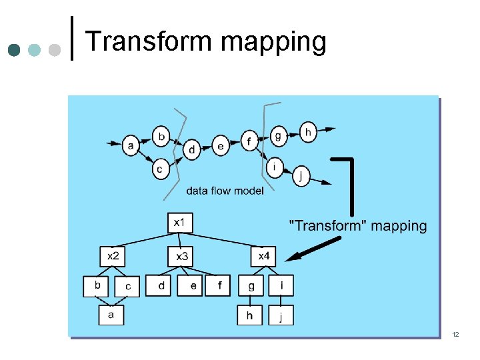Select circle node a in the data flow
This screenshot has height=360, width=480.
coord(131,145)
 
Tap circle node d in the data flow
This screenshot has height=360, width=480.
coord(192,149)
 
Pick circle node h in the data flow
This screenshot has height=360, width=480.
coord(308,132)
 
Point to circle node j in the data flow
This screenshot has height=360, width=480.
coord(301,176)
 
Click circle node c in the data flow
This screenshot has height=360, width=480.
coord(159,170)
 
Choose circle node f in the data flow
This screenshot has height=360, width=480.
coord(249,141)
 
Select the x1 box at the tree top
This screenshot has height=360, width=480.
coord(179,223)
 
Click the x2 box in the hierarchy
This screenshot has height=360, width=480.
coord(113,255)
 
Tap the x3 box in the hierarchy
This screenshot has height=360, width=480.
coord(181,255)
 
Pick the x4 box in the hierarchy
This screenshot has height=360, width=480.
coord(264,255)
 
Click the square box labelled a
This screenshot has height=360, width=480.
coord(111,314)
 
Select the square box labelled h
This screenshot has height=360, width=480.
coord(250,315)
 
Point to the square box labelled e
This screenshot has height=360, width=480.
coord(193,286)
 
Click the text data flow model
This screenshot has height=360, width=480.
coord(225,191)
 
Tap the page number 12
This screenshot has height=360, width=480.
coord(456,333)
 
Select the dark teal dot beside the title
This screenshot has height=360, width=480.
coord(15,51)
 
